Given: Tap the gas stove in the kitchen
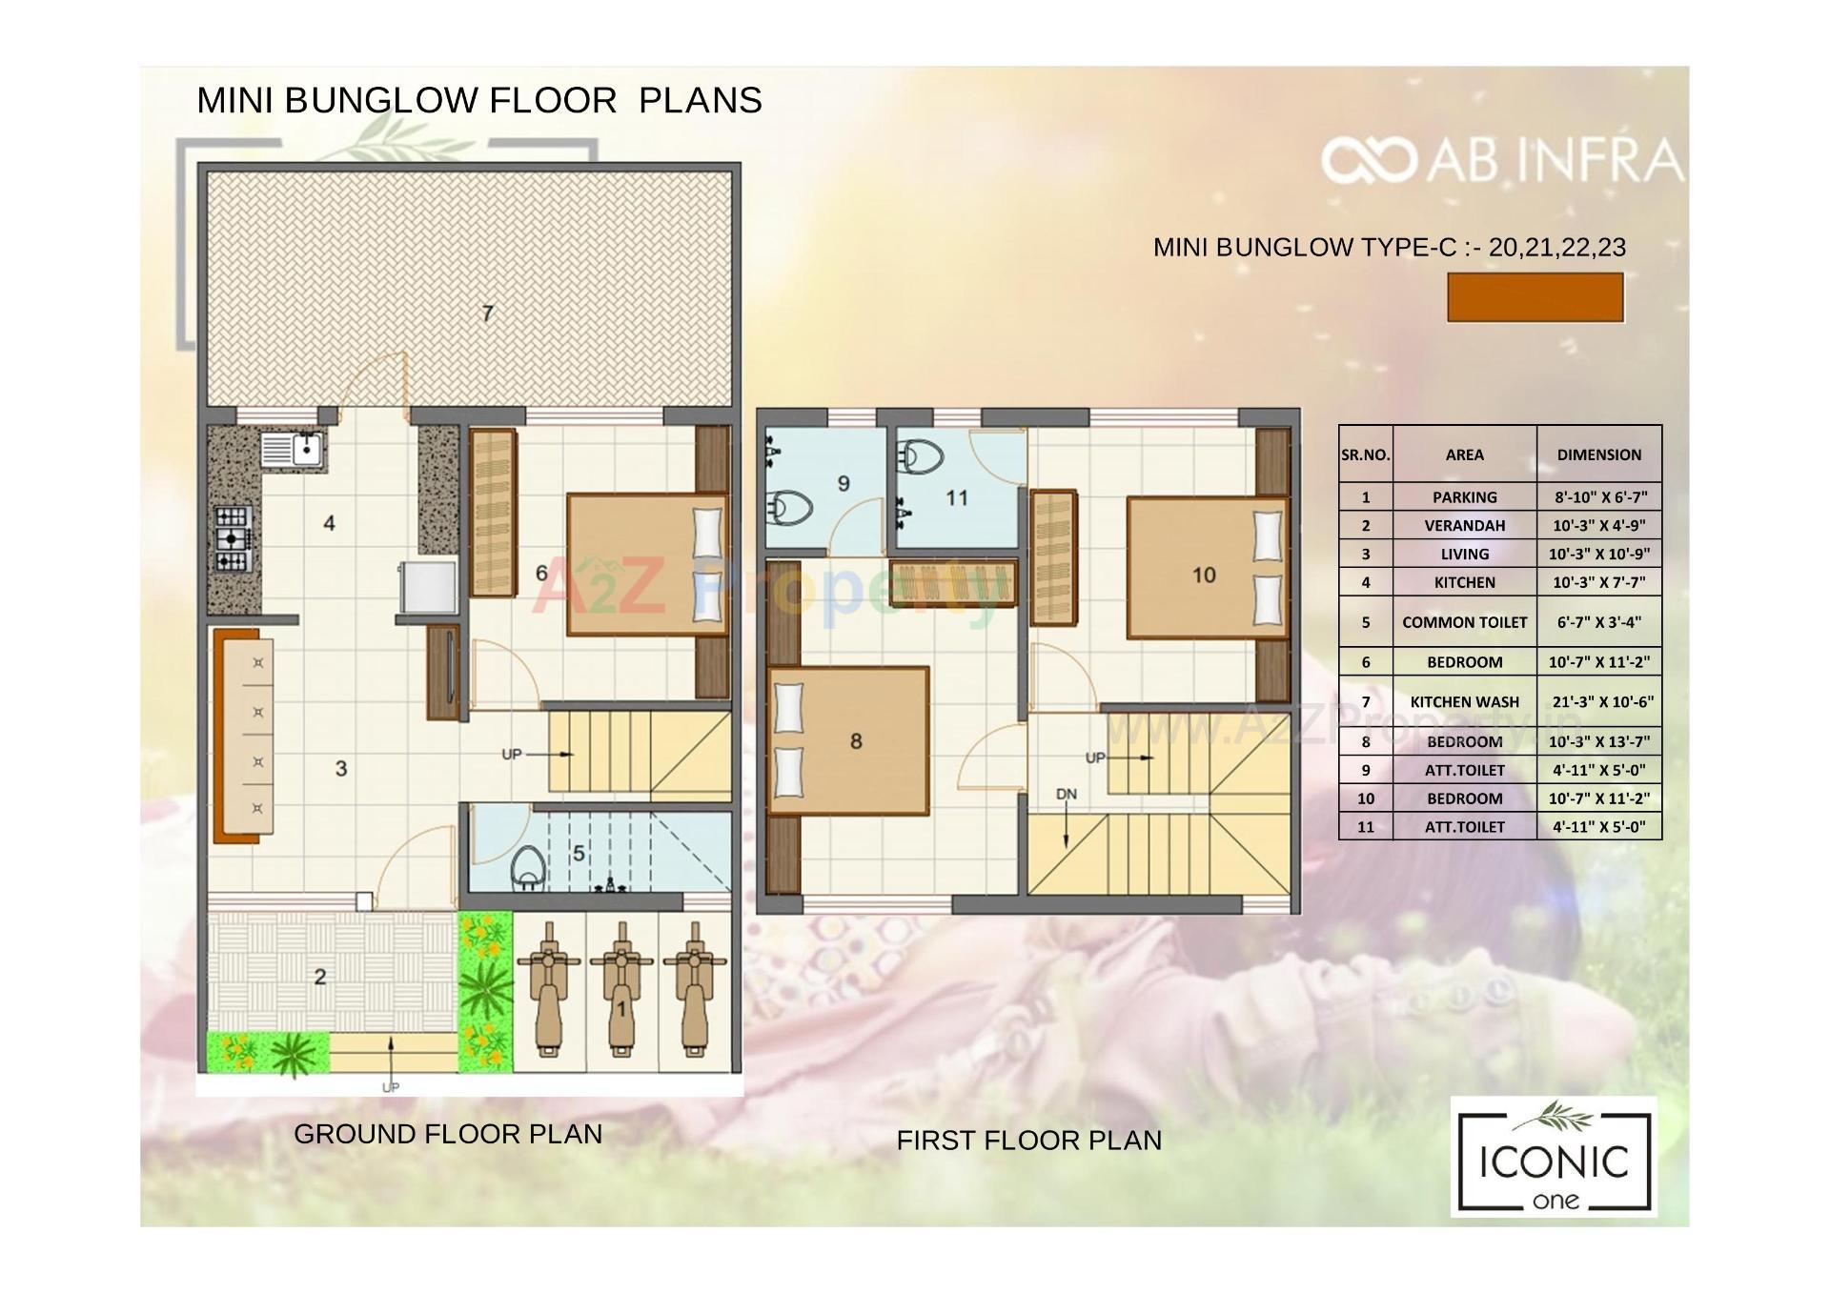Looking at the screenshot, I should pos(234,538).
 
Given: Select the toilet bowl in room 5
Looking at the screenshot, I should pos(525,866).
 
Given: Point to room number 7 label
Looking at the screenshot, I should pos(487,313).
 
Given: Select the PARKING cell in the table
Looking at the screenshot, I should pos(1464,496).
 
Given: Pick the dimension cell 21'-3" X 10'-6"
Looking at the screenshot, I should pos(1599,701).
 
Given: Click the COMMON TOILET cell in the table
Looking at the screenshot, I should pos(1464,622).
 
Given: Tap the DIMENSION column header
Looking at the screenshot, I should pos(1599,455).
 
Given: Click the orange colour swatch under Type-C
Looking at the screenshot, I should pos(1535,297).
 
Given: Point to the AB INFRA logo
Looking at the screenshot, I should pos(1501,161).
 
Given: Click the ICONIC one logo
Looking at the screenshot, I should pos(1554,1157).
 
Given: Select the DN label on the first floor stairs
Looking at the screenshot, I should pos(1066,794).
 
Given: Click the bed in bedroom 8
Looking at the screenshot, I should pos(848,740).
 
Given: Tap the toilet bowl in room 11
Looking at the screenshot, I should pos(921,457).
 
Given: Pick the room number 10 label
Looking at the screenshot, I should pos(1204,575).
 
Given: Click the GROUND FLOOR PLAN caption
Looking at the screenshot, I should pos(448,1134).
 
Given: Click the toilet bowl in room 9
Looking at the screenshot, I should pos(790,508).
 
